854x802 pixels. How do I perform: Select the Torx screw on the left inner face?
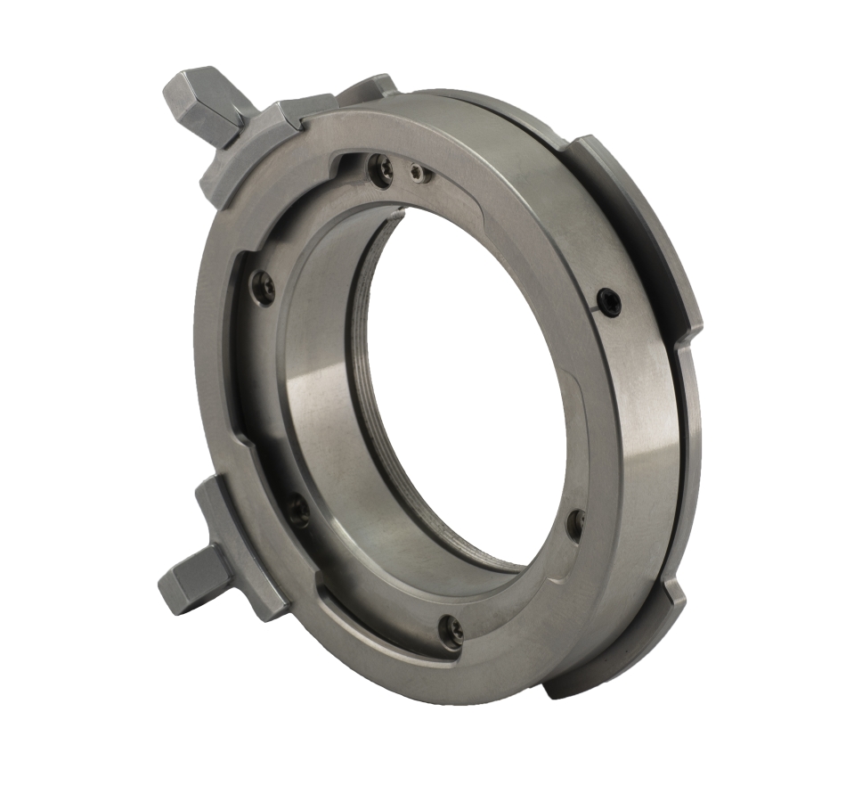click(x=263, y=286)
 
